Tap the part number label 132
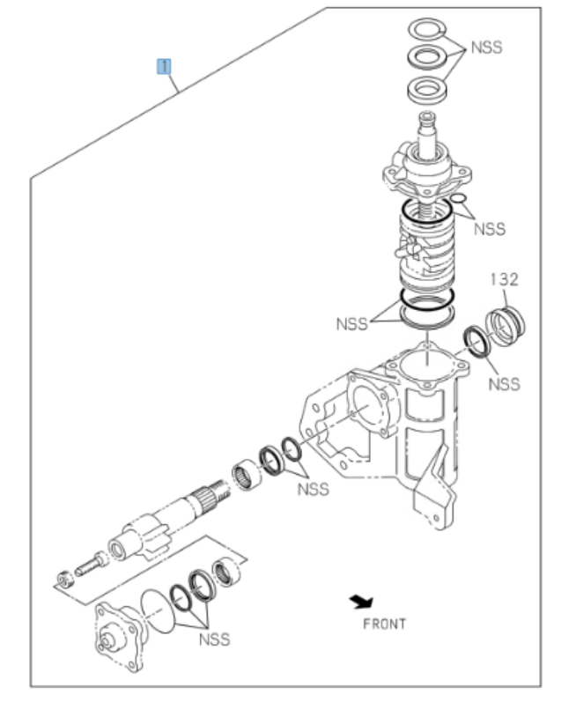(504, 279)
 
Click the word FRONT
(384, 624)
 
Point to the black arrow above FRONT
(360, 602)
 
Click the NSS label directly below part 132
(505, 384)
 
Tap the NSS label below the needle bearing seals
(313, 489)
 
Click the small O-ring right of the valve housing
(458, 206)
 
